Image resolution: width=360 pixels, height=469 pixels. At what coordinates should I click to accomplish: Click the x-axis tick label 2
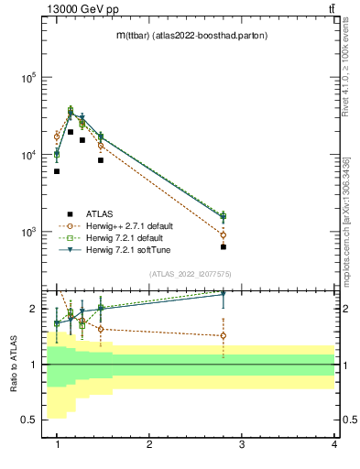149,443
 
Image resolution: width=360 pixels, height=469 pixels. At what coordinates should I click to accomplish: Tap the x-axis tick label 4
333,443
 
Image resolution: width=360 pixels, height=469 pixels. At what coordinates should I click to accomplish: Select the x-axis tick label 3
241,443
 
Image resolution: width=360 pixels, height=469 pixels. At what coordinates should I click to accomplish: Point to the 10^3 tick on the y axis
29,233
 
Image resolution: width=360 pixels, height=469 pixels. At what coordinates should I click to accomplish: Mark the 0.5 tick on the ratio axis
27,420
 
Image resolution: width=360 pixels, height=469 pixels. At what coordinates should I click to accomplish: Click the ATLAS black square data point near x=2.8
223,246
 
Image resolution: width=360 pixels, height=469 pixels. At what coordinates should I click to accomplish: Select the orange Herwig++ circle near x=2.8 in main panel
223,234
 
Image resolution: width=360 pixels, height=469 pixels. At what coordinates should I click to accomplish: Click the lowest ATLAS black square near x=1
57,171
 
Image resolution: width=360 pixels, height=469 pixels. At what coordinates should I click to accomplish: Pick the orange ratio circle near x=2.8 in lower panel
223,335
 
